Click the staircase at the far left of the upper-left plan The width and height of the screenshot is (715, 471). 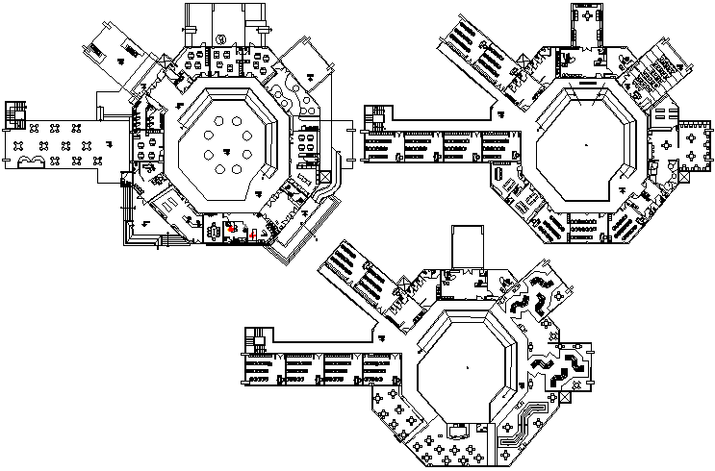coord(14,112)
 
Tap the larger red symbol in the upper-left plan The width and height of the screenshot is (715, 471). coord(232,229)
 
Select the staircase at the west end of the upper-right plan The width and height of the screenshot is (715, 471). coord(373,118)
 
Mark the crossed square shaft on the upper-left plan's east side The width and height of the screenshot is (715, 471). coord(322,177)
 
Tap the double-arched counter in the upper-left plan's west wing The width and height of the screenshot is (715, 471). coord(32,160)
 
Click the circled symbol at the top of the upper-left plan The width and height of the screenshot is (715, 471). coord(220,38)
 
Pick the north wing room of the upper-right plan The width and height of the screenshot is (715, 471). coord(588,27)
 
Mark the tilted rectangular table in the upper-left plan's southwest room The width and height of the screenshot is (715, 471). coord(165,204)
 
